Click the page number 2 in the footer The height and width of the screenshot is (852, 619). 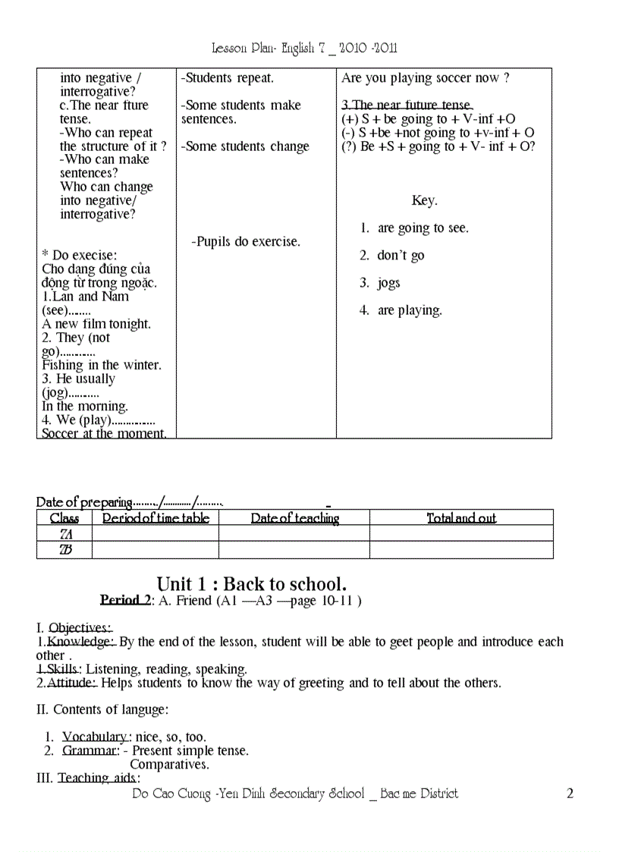570,794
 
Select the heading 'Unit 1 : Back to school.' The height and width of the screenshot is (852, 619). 251,583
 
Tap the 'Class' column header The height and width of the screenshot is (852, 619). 64,518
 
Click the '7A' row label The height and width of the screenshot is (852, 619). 65,534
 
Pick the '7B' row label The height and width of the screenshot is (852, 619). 65,550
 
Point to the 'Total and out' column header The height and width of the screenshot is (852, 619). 461,518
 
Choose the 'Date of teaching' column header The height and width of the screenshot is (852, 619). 294,518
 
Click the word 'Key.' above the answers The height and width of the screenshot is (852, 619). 424,201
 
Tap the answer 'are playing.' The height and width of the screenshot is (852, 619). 410,310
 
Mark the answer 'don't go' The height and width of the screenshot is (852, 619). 401,256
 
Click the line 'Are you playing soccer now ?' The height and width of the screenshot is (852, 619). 425,78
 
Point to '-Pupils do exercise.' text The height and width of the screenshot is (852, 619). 246,242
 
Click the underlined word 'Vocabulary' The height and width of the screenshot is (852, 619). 96,737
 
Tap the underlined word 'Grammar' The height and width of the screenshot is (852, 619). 90,750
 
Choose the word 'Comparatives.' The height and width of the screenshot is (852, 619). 169,764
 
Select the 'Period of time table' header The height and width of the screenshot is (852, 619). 156,518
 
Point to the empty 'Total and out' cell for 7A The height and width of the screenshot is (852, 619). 461,534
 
